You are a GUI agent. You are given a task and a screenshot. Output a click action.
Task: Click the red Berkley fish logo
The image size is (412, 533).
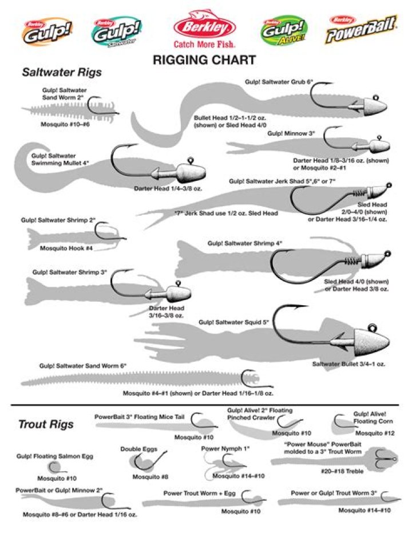point(205,25)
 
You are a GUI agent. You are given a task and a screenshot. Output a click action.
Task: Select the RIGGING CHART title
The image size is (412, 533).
point(204,60)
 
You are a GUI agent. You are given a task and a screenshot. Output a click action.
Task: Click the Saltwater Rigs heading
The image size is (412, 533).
point(62,73)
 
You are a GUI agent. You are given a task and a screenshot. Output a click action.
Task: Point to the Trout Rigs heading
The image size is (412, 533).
point(46,424)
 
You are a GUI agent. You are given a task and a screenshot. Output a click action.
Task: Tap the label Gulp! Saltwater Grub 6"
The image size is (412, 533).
point(279,82)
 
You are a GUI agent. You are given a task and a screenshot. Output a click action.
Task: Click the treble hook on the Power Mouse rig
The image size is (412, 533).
point(390,460)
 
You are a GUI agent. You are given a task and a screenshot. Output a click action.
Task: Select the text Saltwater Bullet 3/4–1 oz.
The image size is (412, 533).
point(349,364)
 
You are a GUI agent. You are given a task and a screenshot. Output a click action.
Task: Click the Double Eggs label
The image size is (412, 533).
point(138,449)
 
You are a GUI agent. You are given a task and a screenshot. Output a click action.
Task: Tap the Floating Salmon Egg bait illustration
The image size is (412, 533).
point(55,467)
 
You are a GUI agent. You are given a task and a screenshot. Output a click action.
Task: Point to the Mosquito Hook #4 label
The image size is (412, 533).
point(66,248)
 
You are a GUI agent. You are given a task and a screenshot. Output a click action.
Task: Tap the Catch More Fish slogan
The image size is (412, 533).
point(204,43)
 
